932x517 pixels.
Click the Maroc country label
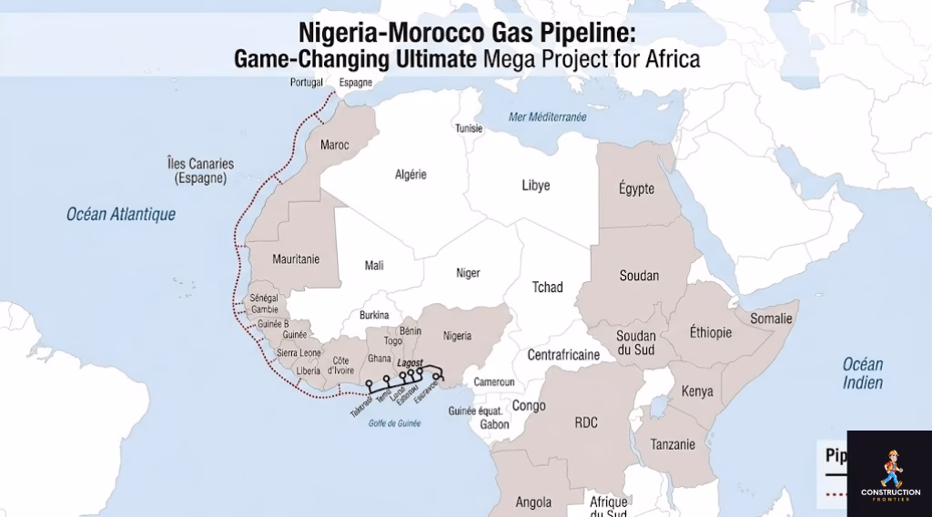point(335,145)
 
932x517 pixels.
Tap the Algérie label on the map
point(410,175)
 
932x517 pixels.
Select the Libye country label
point(535,186)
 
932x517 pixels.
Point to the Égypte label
point(636,188)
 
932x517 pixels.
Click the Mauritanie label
point(296,259)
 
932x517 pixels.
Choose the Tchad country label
point(547,288)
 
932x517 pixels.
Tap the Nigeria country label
point(457,336)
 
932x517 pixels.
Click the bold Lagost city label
point(412,361)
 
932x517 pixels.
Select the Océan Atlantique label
point(121,215)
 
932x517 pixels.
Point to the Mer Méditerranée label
point(548,117)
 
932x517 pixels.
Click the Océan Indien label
point(862,373)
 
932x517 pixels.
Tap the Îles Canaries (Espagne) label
point(200,171)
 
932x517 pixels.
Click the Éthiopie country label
point(710,332)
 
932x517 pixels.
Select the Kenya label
point(696,391)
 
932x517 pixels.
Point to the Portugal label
point(307,83)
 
